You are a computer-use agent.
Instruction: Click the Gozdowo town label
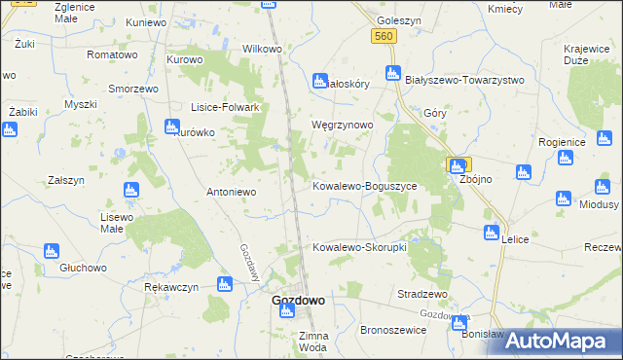coord(298,302)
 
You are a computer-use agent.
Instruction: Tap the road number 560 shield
coord(384,36)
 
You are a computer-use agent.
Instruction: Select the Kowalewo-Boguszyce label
coord(364,185)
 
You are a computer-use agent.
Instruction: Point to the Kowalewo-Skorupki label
coord(359,247)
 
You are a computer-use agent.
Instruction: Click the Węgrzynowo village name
coord(341,126)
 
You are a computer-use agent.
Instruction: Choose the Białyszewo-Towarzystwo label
coord(464,80)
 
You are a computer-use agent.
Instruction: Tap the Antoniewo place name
coord(231,192)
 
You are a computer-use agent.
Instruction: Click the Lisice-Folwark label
coord(224,108)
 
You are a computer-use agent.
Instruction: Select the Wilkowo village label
coord(262,49)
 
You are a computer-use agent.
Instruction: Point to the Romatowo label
coord(112,55)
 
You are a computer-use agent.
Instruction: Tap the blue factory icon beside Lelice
coord(492,232)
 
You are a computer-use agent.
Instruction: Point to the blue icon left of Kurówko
coord(172,126)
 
